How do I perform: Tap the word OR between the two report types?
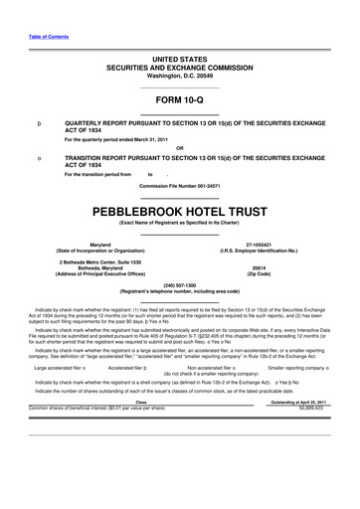coord(180,147)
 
